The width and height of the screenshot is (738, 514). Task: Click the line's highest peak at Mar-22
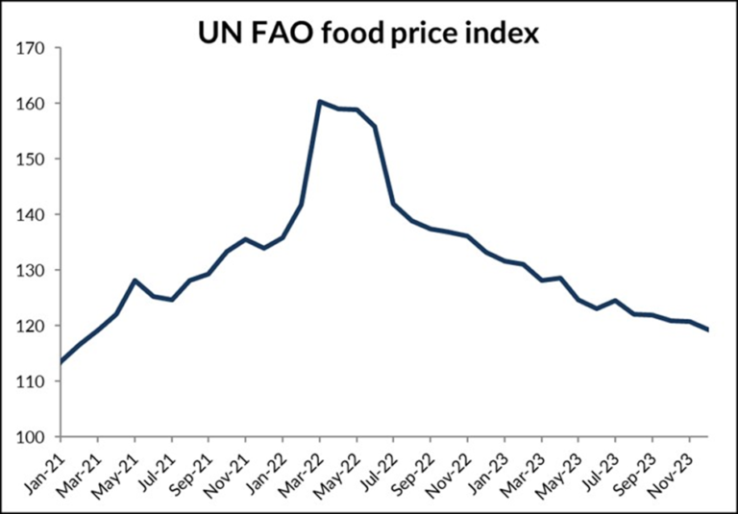click(x=319, y=102)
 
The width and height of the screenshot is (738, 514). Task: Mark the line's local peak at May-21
click(x=135, y=281)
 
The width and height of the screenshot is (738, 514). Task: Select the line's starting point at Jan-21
click(x=61, y=362)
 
